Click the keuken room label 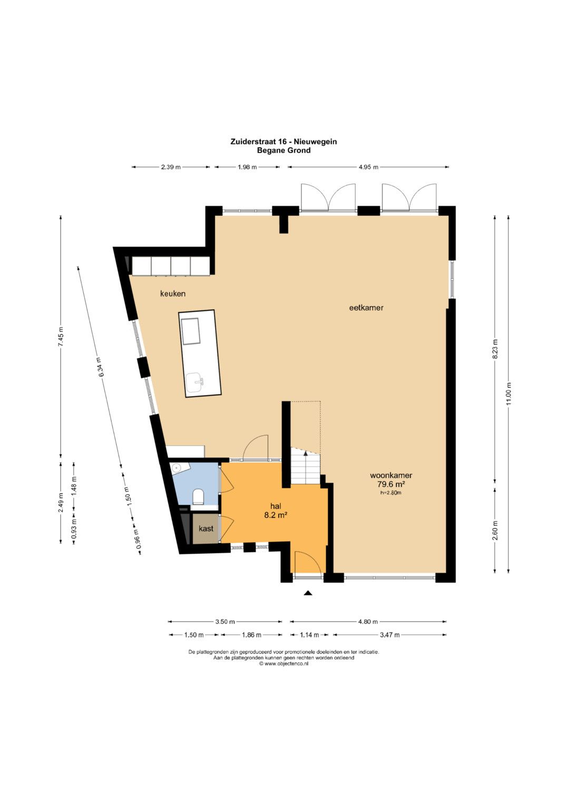point(173,294)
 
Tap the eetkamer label point(366,308)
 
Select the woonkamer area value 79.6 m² point(391,484)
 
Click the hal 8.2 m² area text point(276,515)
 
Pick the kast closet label point(206,528)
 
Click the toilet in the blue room point(198,496)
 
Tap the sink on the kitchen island point(195,381)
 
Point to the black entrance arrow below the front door point(308,593)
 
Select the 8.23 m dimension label point(495,348)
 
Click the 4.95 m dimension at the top point(369,167)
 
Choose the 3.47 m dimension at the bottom point(390,635)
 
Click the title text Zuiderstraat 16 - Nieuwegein point(284,142)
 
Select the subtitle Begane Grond point(284,150)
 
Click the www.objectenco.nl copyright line point(284,664)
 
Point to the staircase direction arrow point(306,462)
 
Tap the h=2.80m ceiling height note point(391,493)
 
